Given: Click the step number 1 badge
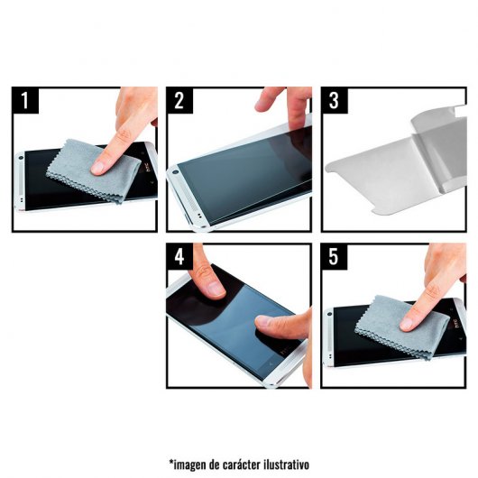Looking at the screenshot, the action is [x=25, y=100].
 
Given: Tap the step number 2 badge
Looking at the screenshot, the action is [x=179, y=100].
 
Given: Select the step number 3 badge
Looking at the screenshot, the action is [x=335, y=100].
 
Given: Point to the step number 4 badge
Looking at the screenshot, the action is [x=179, y=256].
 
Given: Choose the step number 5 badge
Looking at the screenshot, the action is [x=334, y=256].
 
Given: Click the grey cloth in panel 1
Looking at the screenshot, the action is [x=91, y=170].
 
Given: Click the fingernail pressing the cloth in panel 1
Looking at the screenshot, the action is [x=97, y=168].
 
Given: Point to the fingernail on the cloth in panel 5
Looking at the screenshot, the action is [x=406, y=324].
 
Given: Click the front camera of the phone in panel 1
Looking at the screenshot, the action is [x=21, y=158].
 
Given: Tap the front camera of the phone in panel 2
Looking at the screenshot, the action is [x=175, y=172].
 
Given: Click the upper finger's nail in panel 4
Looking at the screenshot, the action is [x=216, y=289].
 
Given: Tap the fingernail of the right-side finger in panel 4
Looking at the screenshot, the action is [x=262, y=321].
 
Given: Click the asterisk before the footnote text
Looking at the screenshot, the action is [x=171, y=462].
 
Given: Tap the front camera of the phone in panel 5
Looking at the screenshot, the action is [x=329, y=314].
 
